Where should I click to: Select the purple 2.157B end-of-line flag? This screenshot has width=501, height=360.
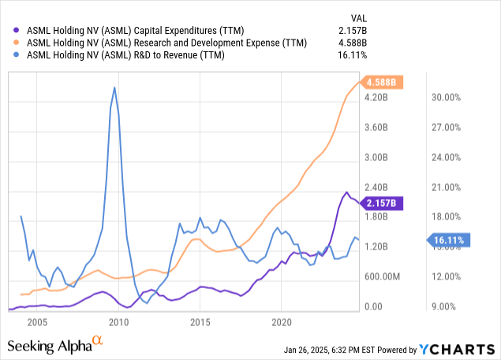pos(383,203)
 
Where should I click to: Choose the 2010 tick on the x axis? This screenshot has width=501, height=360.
pos(119,322)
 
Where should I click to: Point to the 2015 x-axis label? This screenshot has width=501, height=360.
pos(201,322)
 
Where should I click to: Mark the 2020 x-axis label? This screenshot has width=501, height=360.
pos(282,322)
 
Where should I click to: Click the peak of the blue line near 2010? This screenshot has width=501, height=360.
pos(115,88)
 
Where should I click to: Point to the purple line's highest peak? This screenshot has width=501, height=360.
pos(346,192)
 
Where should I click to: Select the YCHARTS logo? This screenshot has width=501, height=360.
pos(452,349)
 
